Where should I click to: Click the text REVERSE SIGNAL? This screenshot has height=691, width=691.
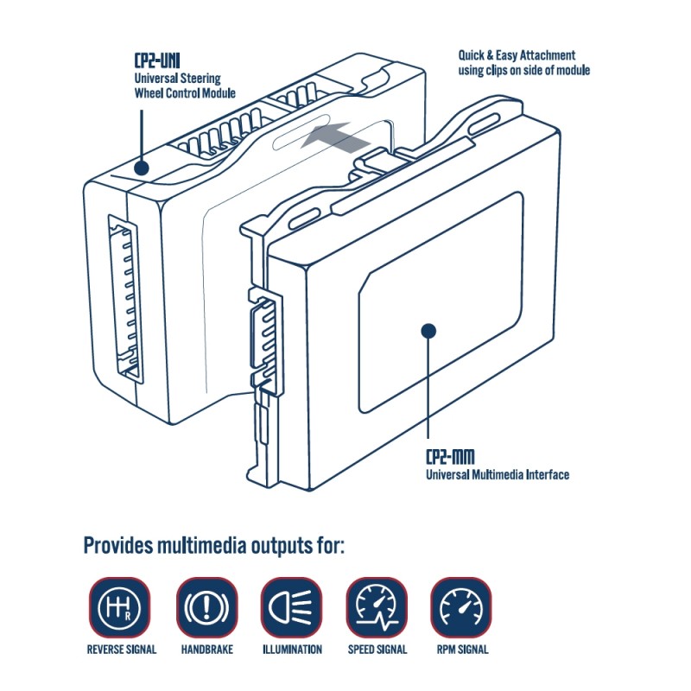(122, 650)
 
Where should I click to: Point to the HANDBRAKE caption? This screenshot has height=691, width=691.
(206, 650)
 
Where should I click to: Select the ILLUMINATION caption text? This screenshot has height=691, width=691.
(291, 650)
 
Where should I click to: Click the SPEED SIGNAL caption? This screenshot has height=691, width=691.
(377, 650)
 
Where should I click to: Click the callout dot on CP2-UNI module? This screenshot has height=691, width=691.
(139, 168)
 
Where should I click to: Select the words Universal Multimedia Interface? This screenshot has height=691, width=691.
(498, 474)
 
